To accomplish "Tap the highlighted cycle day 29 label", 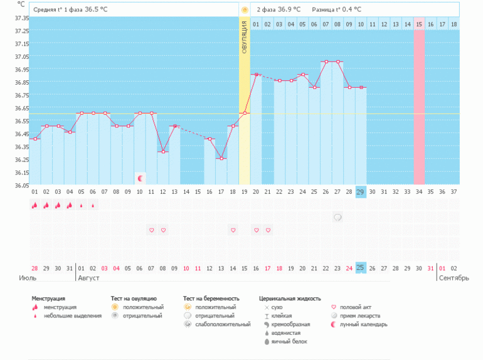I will (x=361, y=192).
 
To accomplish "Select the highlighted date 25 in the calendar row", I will (x=361, y=268).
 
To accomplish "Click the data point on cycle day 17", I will (x=221, y=159).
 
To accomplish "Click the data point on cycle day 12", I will (x=163, y=152).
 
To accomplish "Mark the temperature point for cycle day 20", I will (x=256, y=75).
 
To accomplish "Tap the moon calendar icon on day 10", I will (x=141, y=179).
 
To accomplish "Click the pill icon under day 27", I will (x=337, y=218).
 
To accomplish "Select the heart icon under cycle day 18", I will (x=233, y=230).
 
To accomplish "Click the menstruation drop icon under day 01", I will (x=34, y=205).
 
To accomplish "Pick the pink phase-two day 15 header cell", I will (x=419, y=24).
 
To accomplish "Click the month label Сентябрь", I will (x=453, y=278).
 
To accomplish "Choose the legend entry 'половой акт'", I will (x=353, y=307).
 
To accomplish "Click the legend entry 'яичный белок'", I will (x=287, y=342).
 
